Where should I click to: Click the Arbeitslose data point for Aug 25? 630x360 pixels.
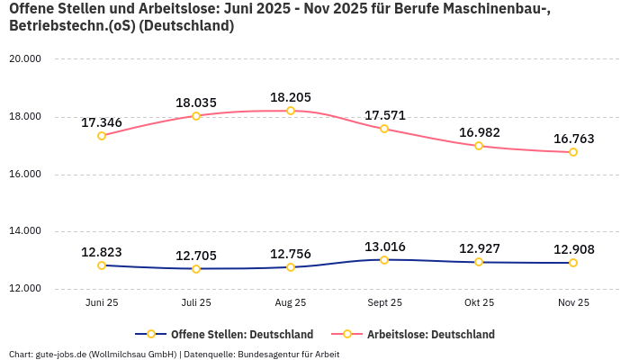click(x=291, y=111)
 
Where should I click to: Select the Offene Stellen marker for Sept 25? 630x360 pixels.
click(x=384, y=260)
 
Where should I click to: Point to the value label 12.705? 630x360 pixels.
click(x=196, y=256)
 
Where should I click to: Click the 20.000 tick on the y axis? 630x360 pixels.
click(x=26, y=58)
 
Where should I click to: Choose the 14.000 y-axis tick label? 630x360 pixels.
click(x=26, y=231)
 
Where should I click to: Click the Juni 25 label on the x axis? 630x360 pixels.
click(x=102, y=303)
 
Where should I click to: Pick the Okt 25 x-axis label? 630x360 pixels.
click(x=479, y=303)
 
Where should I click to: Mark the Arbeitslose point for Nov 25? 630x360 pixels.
click(x=573, y=152)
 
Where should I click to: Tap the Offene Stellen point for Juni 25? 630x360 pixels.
click(x=102, y=265)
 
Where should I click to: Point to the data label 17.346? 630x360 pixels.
click(x=102, y=122)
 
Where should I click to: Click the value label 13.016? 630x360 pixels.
click(x=384, y=247)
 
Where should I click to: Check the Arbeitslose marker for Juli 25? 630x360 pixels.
click(x=196, y=116)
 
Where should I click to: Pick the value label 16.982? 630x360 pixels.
click(x=479, y=132)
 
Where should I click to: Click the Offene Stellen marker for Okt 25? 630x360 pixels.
click(x=479, y=262)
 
